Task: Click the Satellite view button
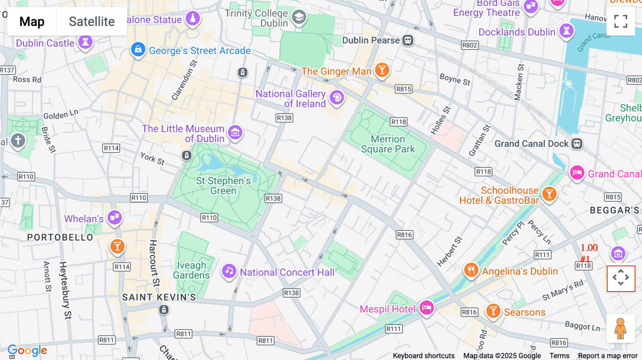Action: coord(92,22)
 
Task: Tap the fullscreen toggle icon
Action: coord(621,21)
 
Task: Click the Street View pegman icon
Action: coord(621,329)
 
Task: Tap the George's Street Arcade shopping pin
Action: coord(138,49)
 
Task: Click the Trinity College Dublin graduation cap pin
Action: coord(299,17)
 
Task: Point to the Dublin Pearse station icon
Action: coord(408,40)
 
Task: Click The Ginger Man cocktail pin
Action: coord(382,70)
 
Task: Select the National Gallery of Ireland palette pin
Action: coord(337,97)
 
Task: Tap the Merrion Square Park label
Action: coord(388,144)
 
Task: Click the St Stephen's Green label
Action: coord(223,186)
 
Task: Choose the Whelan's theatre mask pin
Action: coord(114,217)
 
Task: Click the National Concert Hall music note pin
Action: coord(229,271)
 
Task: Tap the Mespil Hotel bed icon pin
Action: coord(427,307)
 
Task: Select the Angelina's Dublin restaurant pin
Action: coord(471,270)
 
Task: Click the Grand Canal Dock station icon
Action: coord(577,144)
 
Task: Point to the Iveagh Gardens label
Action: coord(192,270)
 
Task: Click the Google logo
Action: coord(27,350)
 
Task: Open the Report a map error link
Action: coord(608,356)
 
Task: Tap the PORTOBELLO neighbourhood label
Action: coord(60,237)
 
